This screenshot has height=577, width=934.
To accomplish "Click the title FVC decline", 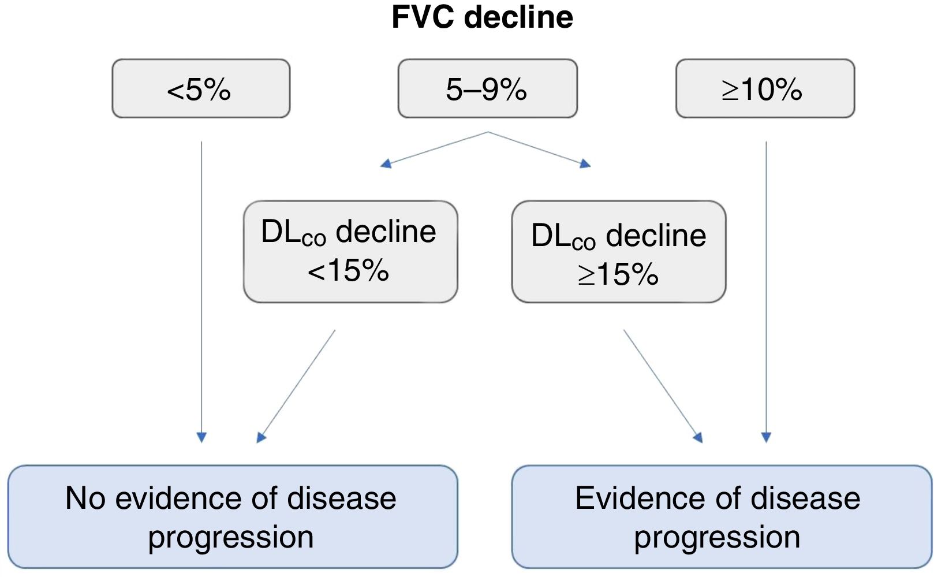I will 482,17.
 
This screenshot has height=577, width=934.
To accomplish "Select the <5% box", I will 201,89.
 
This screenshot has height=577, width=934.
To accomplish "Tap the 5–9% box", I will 487,89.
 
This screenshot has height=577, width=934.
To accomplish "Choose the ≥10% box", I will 764,89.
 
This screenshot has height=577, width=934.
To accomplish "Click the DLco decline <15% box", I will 350,252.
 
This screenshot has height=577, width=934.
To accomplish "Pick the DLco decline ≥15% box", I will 618,252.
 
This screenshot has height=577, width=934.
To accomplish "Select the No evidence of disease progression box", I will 232,517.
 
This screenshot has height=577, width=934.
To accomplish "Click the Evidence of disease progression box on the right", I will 721,517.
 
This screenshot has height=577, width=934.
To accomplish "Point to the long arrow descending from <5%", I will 201,289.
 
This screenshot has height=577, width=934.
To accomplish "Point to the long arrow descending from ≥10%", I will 766,289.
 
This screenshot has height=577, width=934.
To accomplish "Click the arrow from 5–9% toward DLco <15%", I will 434,149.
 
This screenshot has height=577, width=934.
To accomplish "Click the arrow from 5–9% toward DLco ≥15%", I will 540,149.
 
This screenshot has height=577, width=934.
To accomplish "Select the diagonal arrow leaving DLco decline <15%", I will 296,386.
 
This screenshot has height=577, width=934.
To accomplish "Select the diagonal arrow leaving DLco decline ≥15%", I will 663,386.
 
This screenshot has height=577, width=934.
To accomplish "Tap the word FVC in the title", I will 424,17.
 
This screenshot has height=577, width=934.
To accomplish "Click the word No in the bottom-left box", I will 85,498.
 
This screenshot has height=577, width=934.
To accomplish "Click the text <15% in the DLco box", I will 348,270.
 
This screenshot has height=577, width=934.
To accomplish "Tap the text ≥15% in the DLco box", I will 618,274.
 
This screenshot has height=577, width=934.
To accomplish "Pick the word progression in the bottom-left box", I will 231,537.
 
